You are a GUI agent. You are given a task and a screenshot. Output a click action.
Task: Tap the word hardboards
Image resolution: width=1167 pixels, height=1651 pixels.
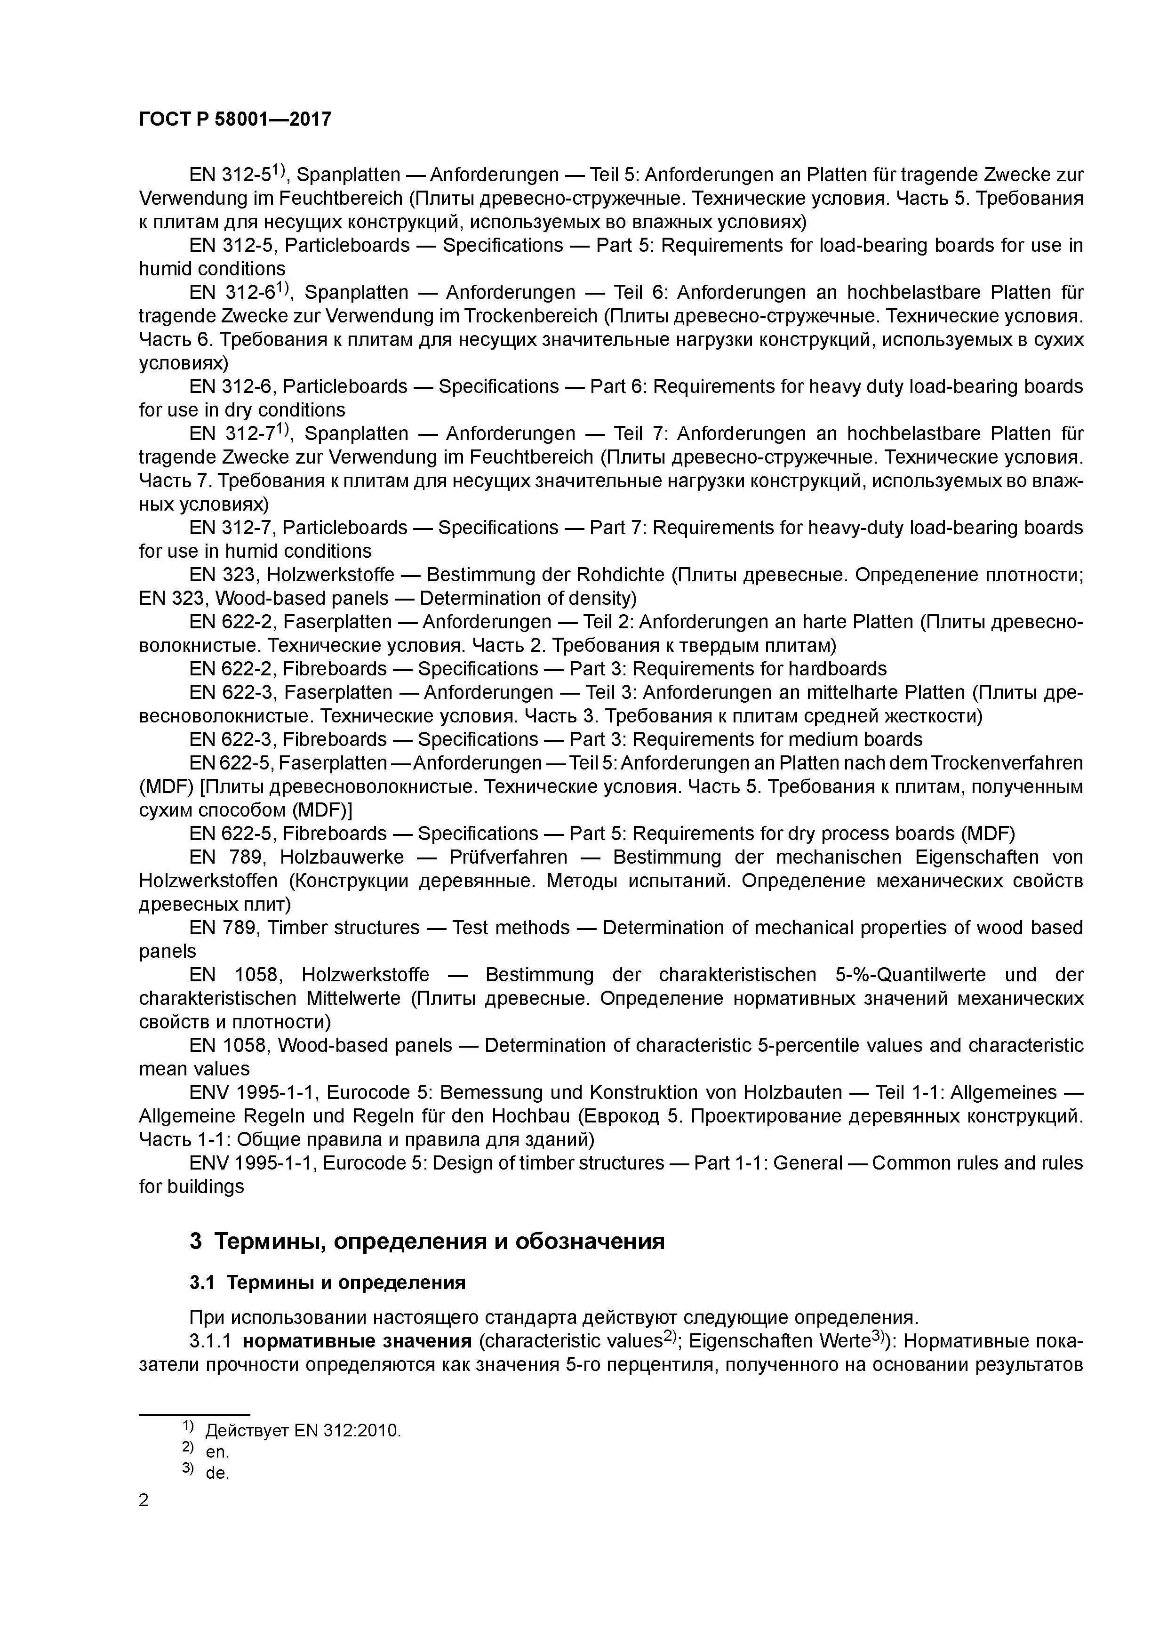coord(838,669)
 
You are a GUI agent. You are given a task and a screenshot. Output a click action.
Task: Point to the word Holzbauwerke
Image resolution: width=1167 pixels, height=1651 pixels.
coord(342,857)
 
